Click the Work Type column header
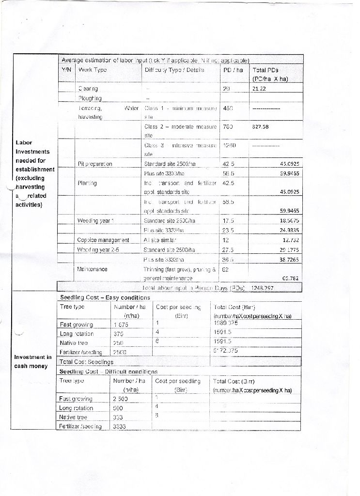pos(92,70)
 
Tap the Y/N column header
pos(66,70)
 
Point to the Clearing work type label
pos(88,89)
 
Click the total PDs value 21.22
pos(260,89)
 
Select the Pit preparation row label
pos(95,164)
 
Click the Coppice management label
pos(103,240)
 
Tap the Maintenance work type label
pos(93,269)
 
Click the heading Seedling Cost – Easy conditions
pos(105,297)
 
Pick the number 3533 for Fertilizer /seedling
pos(119,427)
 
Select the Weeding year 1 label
pos(95,221)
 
